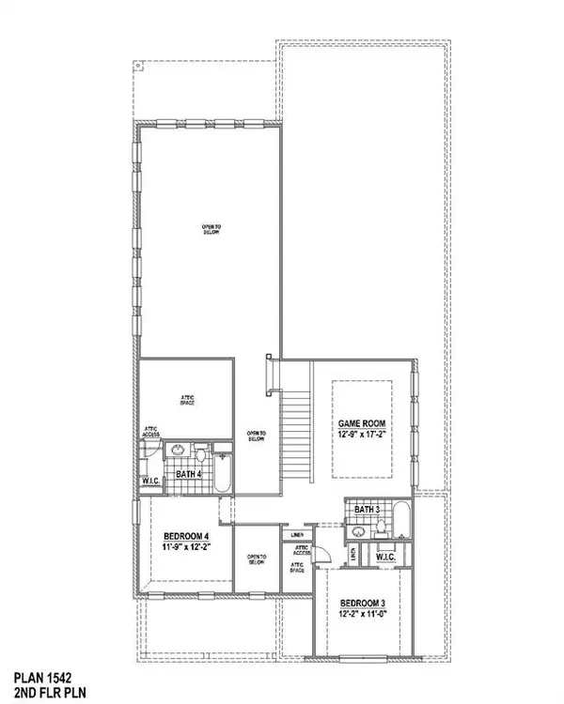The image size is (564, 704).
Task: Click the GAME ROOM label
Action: pos(363,423)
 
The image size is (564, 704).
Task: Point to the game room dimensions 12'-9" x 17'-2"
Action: pos(363,435)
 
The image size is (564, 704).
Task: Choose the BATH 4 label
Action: pos(189,474)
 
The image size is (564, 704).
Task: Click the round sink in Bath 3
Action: pos(357,531)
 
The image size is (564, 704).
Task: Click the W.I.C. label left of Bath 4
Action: pos(151,481)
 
